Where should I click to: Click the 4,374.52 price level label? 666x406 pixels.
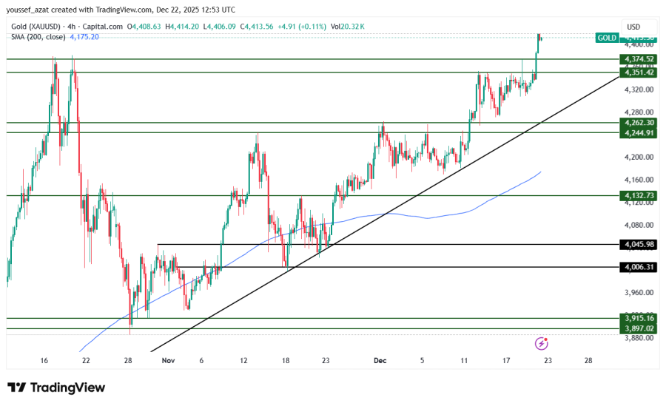pos(639,59)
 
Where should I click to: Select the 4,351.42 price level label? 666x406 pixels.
pos(639,72)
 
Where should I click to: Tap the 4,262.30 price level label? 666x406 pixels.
pos(639,123)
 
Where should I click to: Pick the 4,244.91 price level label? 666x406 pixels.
pos(639,133)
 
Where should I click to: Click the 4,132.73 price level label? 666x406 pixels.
pos(639,195)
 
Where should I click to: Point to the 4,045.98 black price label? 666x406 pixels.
pos(639,244)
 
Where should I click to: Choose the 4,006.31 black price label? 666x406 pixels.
pos(639,267)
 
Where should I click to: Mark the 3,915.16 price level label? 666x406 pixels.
pos(639,318)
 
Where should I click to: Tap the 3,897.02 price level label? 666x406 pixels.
pos(639,328)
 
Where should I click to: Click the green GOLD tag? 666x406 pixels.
pos(607,37)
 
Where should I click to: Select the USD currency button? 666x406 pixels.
pos(633,26)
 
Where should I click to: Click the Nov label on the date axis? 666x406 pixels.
pos(168,360)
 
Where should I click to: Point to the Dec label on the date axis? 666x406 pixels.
pos(380,360)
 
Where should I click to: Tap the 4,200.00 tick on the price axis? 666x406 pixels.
pos(638,157)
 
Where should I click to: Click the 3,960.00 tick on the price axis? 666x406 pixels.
pos(638,292)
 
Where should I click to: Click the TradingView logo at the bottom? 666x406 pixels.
pos(56,388)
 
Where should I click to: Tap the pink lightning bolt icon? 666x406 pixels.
pos(542,343)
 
